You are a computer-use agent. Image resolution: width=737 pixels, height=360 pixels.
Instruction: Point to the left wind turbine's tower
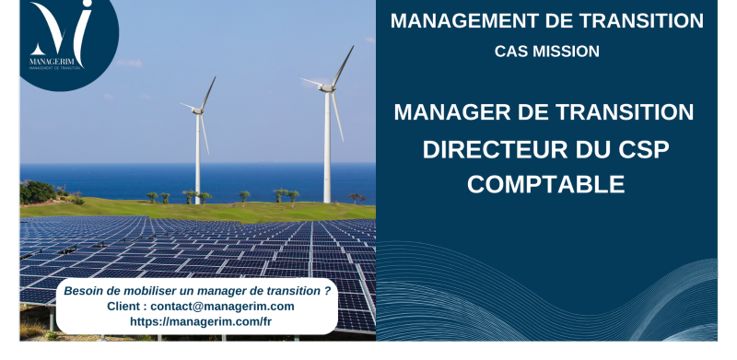(x=198, y=157)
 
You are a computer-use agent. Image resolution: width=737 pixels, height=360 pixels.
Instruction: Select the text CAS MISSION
(x=547, y=52)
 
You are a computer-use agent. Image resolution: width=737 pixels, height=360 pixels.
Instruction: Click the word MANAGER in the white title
(x=451, y=112)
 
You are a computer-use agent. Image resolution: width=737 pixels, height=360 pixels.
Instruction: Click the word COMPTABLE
(x=546, y=184)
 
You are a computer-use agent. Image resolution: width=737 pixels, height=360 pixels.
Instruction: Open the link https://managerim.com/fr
(x=201, y=321)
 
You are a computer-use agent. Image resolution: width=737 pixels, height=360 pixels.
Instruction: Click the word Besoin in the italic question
(x=86, y=290)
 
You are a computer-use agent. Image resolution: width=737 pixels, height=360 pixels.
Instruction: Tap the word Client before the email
(x=125, y=306)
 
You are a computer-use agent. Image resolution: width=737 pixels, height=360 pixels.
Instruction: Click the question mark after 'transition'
(x=327, y=290)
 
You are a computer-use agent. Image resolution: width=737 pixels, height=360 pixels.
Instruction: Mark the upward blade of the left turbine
(x=207, y=93)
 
